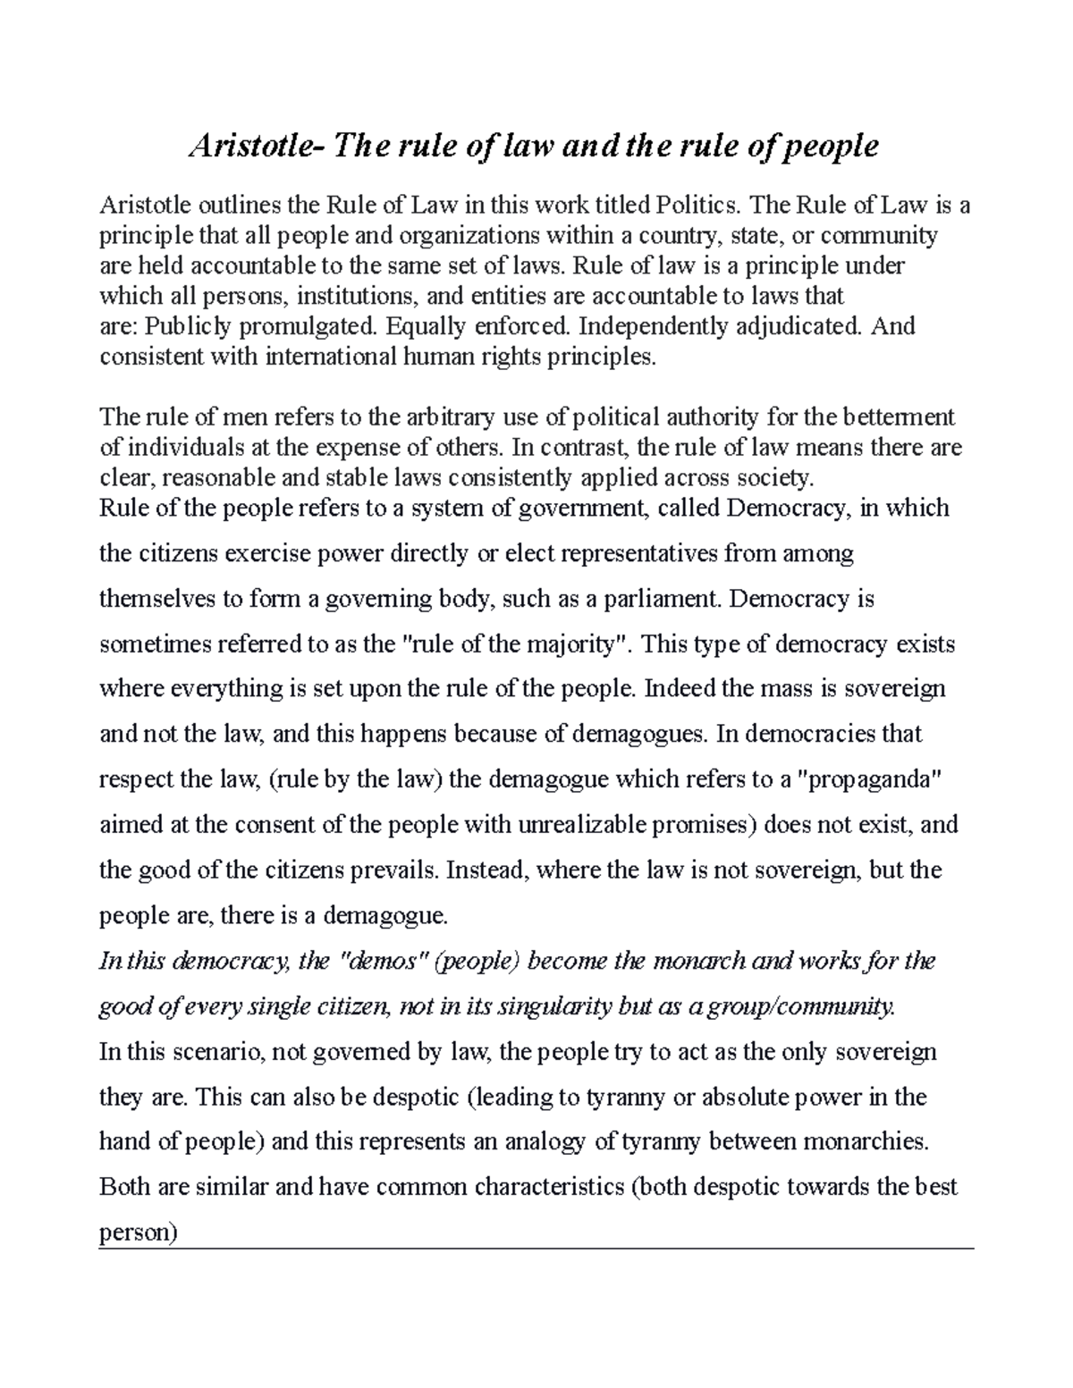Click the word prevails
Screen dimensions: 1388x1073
[393, 870]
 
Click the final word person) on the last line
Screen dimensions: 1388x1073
[139, 1233]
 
